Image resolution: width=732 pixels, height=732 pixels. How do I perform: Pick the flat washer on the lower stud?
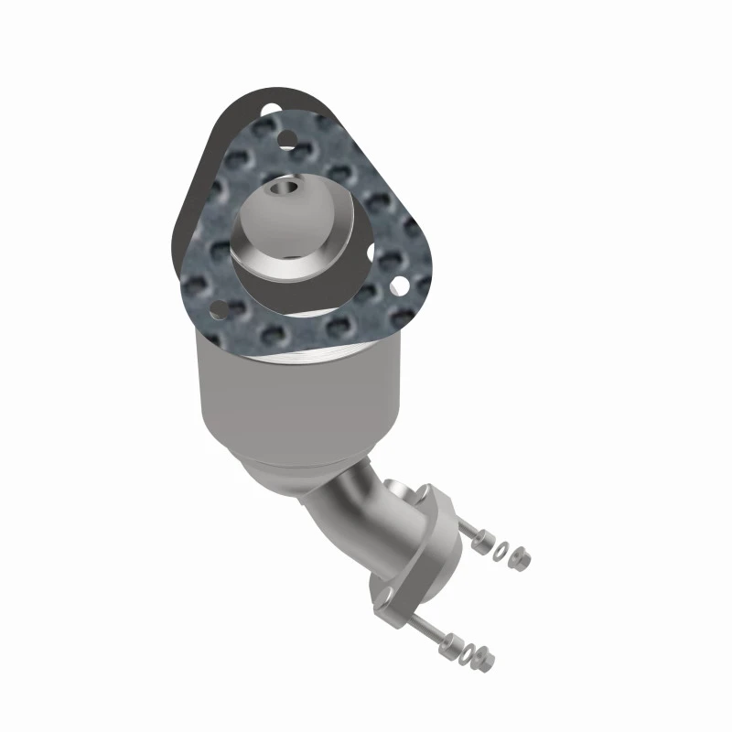tap(469, 652)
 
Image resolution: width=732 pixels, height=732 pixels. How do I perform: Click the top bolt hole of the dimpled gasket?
tap(287, 140)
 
